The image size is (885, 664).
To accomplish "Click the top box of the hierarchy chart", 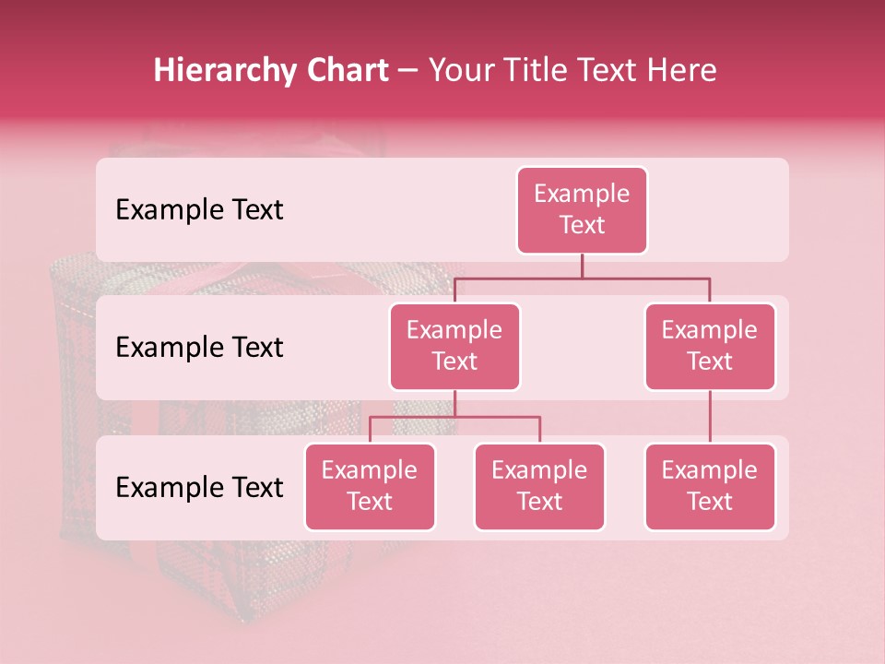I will (582, 209).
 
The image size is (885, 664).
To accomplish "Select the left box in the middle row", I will (454, 346).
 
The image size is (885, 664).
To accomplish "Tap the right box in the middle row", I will (710, 346).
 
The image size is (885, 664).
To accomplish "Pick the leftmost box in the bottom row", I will (370, 486).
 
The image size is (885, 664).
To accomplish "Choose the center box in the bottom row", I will (539, 486).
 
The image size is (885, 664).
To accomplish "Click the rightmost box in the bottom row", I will (710, 486).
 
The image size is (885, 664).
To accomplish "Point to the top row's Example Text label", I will (199, 210).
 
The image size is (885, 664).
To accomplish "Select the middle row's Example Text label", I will (199, 348).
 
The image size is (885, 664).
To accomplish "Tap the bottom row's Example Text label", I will (199, 487).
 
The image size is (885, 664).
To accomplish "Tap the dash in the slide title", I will (408, 72).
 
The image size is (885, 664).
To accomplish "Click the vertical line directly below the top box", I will (582, 266).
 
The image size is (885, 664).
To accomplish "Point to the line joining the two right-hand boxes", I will (710, 417).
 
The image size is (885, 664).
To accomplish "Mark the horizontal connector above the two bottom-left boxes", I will (454, 417).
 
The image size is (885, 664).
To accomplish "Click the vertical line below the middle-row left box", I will (454, 403).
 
